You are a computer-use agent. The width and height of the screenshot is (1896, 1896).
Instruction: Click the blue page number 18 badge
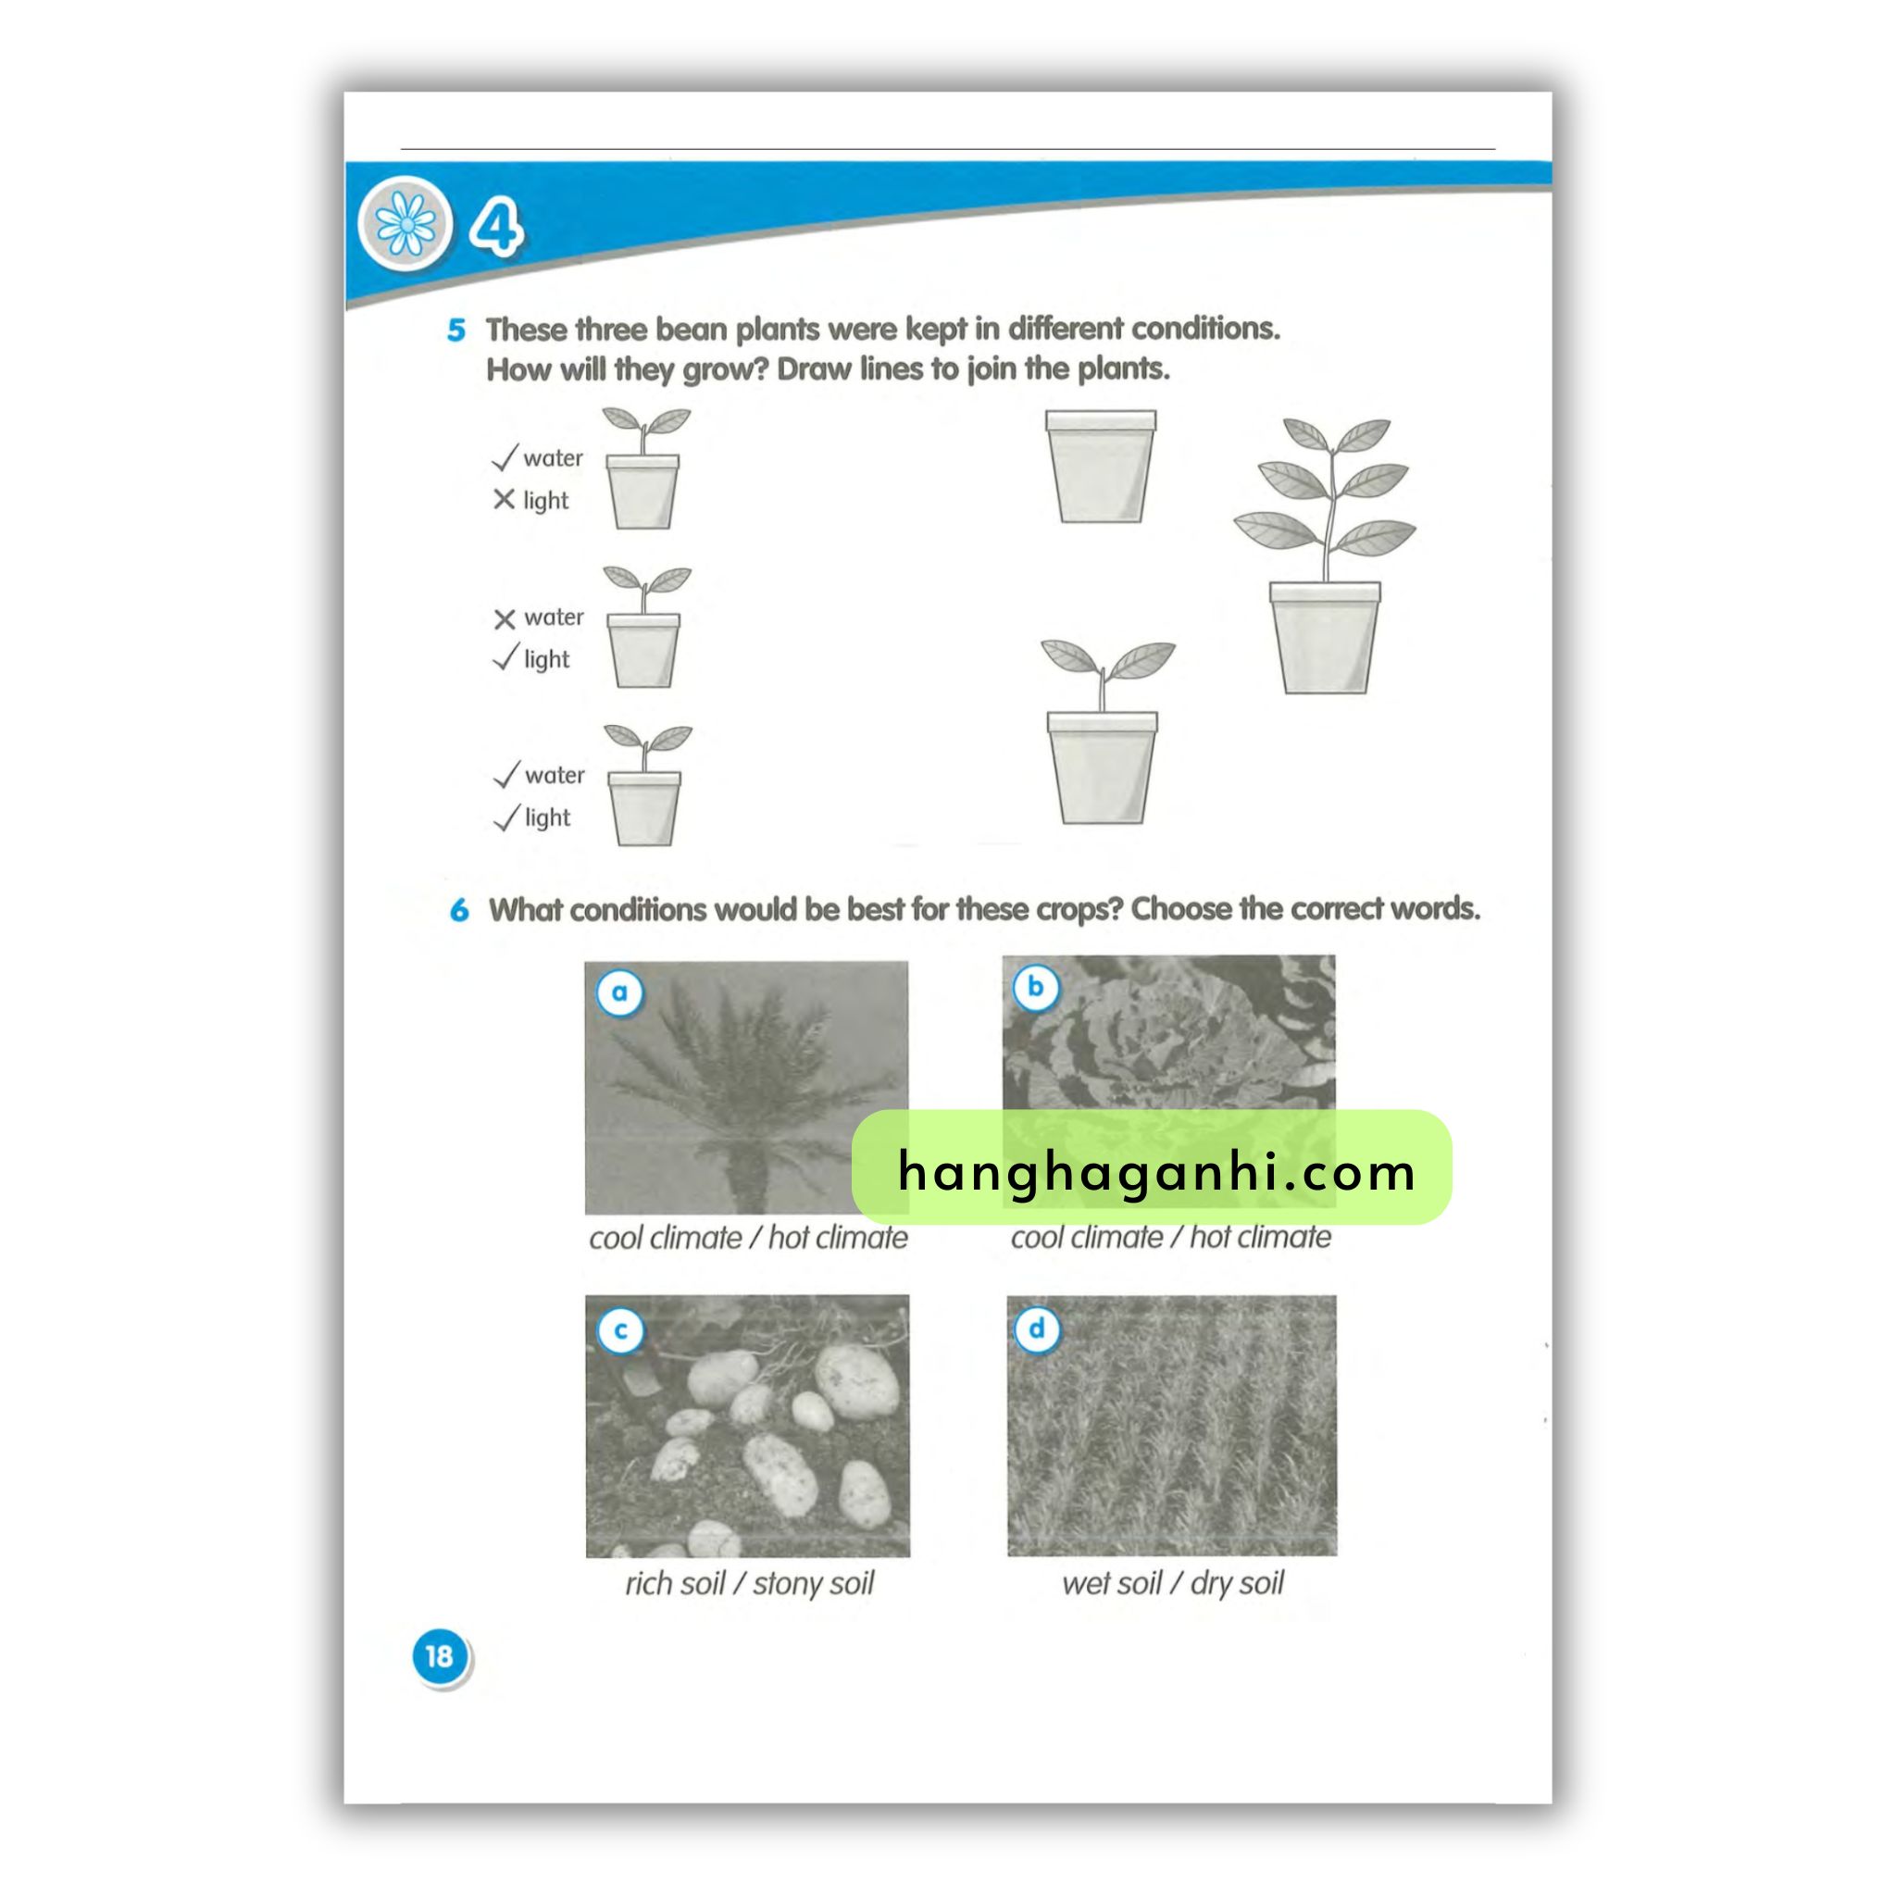[x=440, y=1656]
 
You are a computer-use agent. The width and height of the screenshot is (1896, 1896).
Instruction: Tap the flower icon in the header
[x=406, y=225]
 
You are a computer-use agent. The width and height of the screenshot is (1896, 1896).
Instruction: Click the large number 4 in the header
[x=496, y=227]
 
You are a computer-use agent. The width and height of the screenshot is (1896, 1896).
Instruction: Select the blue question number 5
[x=456, y=330]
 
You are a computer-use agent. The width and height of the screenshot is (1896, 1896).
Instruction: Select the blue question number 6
[x=459, y=911]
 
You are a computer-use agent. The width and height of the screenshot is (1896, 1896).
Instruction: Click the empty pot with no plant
[x=1100, y=467]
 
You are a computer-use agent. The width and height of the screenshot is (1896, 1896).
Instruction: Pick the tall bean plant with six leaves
[x=1325, y=555]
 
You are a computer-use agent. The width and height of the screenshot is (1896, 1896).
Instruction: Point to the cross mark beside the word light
[x=504, y=500]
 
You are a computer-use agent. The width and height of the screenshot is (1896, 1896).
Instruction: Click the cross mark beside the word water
[x=505, y=619]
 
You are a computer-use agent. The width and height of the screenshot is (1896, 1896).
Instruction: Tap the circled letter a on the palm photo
[x=620, y=992]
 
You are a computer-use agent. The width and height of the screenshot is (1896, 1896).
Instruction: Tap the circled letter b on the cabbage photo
[x=1035, y=987]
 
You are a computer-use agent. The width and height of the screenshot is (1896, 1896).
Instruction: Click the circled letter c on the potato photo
[x=620, y=1331]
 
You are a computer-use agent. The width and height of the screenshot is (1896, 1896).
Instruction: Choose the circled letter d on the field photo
[x=1036, y=1330]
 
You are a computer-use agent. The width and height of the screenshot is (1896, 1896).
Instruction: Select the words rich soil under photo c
[x=675, y=1583]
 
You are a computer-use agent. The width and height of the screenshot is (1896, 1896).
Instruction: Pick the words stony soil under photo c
[x=814, y=1584]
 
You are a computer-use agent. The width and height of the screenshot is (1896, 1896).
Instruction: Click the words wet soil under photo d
[x=1111, y=1583]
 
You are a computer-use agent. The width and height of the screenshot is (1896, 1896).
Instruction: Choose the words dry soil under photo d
[x=1237, y=1584]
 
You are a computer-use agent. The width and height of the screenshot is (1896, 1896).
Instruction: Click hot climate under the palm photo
[x=838, y=1238]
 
